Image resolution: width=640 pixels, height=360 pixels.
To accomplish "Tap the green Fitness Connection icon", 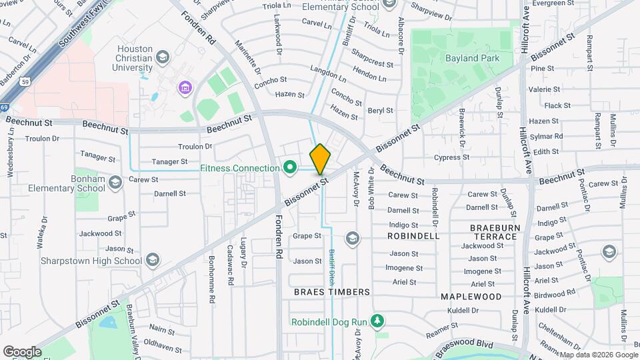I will (289, 167).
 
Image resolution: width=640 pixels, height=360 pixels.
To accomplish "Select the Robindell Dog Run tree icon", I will (377, 321).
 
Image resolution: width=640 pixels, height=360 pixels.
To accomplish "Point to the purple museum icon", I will (185, 87).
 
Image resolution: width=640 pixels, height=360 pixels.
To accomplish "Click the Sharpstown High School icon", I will (153, 261).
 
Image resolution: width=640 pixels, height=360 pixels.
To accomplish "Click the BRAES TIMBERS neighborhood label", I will (331, 292).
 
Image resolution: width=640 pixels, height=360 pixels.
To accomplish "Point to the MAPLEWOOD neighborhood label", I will (471, 296).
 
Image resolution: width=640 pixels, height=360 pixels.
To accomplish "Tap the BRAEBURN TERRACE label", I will (494, 232).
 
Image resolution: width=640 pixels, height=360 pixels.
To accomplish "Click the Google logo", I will (22, 351).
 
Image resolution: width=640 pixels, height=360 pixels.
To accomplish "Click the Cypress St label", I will (451, 158).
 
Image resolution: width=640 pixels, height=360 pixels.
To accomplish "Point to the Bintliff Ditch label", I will (331, 264).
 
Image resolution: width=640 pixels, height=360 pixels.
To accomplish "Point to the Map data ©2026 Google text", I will (597, 355).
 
